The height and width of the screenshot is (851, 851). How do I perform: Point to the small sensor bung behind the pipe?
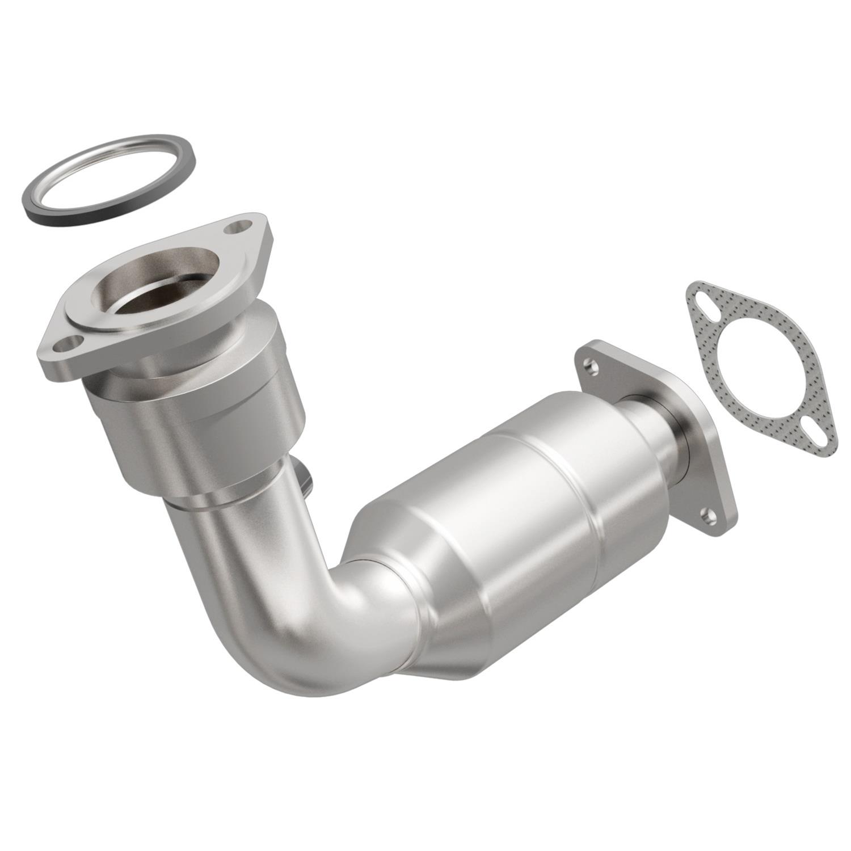pos(307,479)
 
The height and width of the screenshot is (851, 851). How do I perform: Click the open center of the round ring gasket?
pos(108,176)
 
